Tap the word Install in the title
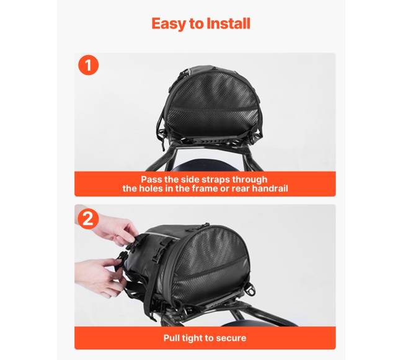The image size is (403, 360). click(x=229, y=24)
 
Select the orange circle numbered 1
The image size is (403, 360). click(x=89, y=65)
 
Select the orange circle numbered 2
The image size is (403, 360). click(x=88, y=219)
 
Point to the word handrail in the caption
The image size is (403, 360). click(x=270, y=188)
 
